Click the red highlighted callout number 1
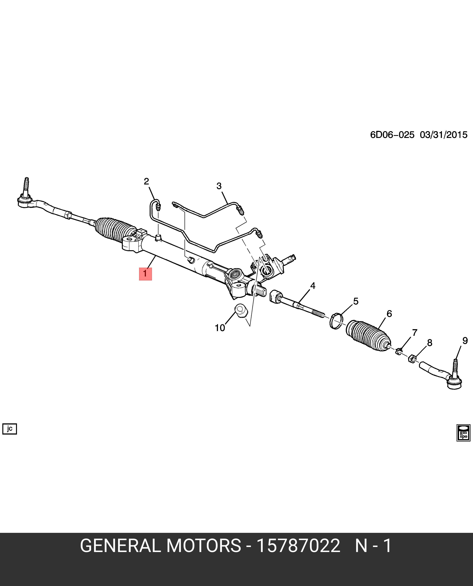point(145,273)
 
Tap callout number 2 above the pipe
point(147,181)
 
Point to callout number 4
point(313,286)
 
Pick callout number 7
point(414,333)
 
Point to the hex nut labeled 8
point(412,358)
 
